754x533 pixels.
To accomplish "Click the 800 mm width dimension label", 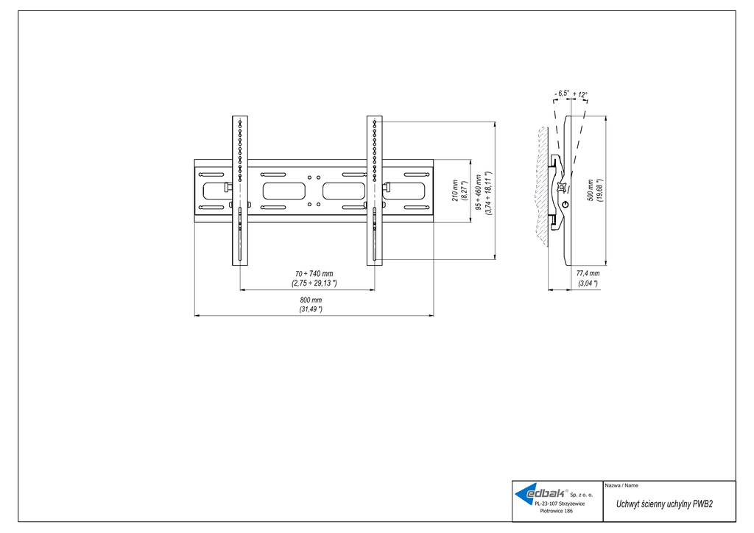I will [311, 300].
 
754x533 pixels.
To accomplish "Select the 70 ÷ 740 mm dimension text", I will [312, 274].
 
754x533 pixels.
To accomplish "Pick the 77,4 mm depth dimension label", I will [588, 273].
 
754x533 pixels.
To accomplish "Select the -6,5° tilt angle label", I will [562, 93].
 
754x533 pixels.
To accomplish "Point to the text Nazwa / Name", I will [621, 486].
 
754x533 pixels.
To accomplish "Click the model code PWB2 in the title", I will [702, 504].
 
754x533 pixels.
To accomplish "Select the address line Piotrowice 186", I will [557, 510].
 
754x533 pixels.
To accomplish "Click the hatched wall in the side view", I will [542, 184].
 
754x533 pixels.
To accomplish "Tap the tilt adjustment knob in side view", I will [565, 203].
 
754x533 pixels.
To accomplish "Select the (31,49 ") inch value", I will [311, 309].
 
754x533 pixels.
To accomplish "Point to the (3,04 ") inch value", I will [588, 283].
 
